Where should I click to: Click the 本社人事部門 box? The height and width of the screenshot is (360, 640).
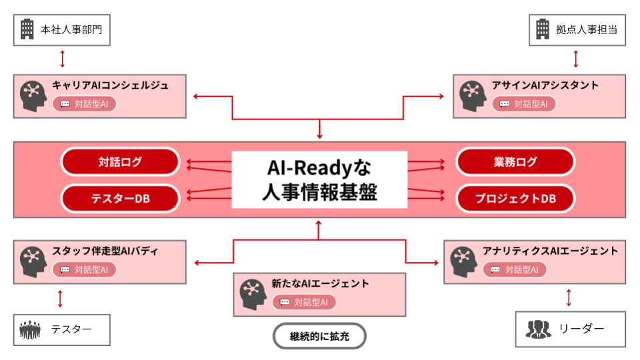click(x=62, y=29)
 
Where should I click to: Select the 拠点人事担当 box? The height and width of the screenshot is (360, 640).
click(x=577, y=29)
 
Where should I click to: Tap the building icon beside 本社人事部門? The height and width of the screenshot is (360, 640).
click(x=27, y=29)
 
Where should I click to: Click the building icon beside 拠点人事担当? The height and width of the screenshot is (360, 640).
click(x=543, y=29)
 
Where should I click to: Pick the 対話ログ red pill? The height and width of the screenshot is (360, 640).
click(x=120, y=162)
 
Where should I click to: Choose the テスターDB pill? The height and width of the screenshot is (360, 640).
click(x=120, y=198)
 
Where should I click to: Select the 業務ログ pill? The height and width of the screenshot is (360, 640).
click(x=515, y=162)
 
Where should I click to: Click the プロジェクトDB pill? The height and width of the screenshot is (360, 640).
click(x=515, y=198)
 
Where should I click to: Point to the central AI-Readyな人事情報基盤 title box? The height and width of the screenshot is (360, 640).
click(x=319, y=180)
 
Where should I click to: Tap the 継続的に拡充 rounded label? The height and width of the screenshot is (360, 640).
click(x=320, y=336)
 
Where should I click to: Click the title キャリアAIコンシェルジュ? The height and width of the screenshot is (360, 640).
click(x=110, y=85)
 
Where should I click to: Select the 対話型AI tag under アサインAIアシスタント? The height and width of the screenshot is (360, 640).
click(x=523, y=104)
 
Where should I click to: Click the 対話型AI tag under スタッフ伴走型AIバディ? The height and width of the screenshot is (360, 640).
click(x=85, y=269)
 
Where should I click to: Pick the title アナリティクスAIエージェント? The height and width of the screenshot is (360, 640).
click(x=551, y=251)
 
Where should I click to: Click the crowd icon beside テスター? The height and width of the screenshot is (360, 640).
click(x=31, y=329)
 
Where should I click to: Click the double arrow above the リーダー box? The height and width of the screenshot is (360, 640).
click(x=569, y=297)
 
